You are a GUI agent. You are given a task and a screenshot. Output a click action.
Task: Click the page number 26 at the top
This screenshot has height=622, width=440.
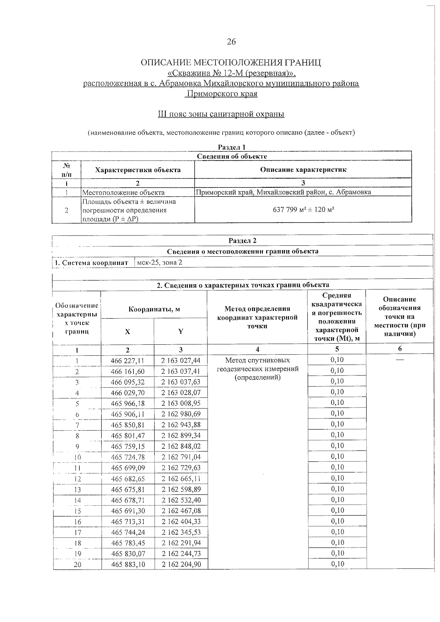231,42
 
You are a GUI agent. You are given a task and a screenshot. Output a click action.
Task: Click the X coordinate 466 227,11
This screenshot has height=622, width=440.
127,361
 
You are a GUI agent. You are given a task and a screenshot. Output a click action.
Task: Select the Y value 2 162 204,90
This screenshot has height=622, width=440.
181,564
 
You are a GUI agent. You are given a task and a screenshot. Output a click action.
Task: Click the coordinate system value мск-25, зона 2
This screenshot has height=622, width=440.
159,263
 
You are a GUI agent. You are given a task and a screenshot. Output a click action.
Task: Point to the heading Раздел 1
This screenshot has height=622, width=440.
231,147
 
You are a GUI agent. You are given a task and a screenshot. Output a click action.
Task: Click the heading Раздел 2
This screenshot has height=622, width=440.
242,241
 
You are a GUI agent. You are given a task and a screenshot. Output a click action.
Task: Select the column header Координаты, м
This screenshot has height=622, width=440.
154,309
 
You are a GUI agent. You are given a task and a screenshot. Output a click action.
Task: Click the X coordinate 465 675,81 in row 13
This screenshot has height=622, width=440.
127,489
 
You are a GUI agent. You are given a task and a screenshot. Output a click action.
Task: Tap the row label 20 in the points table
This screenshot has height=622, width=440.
77,565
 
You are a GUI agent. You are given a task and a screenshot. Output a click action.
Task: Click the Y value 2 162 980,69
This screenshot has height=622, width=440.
181,414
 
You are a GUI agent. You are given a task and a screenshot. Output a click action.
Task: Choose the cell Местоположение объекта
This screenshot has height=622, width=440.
123,193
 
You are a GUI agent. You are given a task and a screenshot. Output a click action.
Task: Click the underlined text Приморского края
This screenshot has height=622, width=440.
221,94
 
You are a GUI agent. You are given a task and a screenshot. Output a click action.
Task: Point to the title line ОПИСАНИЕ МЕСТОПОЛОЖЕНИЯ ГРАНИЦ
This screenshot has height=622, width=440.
231,63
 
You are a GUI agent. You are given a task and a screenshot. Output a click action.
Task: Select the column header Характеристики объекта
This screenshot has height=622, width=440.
137,170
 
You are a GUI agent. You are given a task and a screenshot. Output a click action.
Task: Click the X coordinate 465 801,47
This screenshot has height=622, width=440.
127,436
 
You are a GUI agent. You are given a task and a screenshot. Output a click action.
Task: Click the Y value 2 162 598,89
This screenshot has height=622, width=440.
181,489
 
